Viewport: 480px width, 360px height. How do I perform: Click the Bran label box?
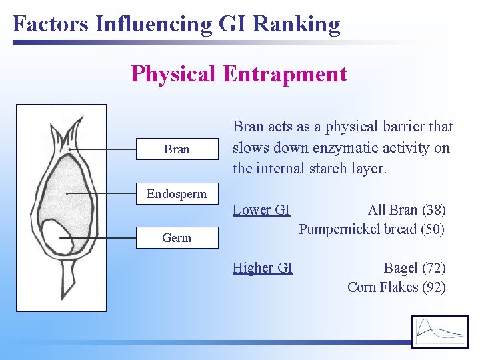pos(177,149)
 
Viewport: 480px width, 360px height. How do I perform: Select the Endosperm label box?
pos(177,194)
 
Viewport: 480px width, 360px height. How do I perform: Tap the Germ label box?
pos(177,237)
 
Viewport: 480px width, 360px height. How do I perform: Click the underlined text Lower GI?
pos(261,210)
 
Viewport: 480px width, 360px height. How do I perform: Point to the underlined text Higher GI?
pos(263,268)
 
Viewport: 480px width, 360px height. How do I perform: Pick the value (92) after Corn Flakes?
pos(433,287)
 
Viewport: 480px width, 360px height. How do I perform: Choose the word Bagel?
pos(400,268)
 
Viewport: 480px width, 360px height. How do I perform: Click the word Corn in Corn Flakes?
pos(363,287)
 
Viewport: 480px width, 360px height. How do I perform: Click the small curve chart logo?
pos(440,331)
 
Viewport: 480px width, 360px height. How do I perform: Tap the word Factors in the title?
pos(51,24)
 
